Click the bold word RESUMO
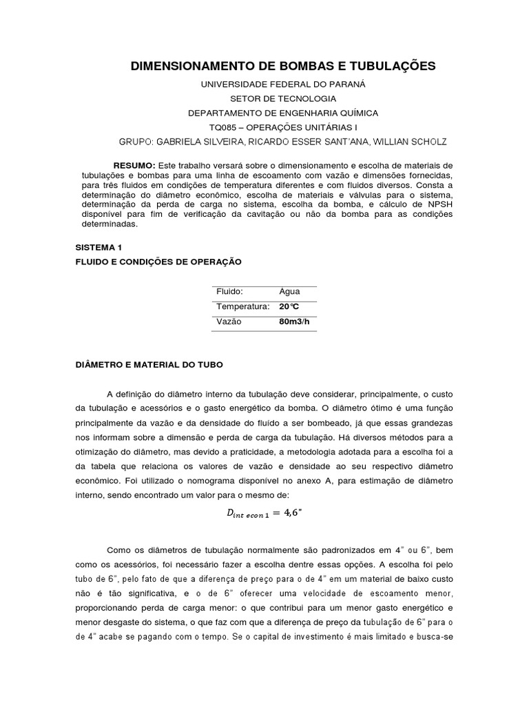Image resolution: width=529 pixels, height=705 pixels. [x=134, y=166]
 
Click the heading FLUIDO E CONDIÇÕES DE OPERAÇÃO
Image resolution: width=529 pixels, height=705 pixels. [x=158, y=262]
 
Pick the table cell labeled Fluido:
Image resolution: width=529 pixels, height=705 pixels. [x=230, y=291]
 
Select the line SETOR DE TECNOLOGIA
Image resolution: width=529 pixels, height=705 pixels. [x=282, y=98]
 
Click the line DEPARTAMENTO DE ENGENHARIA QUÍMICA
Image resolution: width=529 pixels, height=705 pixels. [x=282, y=113]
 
